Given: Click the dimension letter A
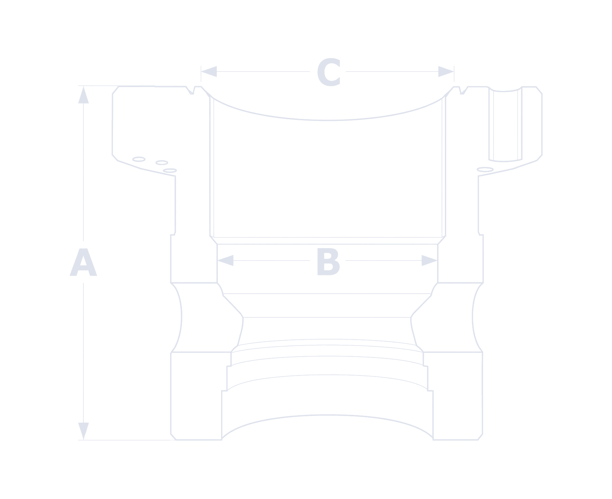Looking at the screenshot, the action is [83, 262].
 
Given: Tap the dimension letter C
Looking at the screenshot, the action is [329, 72].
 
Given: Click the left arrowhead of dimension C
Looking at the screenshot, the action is [209, 72].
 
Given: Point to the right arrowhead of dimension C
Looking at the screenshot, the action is [446, 72].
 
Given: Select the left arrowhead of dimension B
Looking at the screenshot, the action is [226, 261].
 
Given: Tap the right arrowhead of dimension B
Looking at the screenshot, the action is [430, 261].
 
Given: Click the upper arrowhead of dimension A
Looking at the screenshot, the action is [84, 95].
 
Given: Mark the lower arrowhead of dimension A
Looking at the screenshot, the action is [84, 431].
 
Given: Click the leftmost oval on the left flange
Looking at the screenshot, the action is [139, 159].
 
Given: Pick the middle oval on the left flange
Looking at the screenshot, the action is [162, 163].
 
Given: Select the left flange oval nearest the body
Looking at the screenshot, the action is [170, 171].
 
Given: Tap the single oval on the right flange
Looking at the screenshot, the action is [485, 170].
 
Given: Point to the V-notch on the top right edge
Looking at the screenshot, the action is [463, 91].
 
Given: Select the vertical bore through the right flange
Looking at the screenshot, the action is [505, 124].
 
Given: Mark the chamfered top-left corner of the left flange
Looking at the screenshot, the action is [115, 90].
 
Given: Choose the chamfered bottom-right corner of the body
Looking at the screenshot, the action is [480, 437].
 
